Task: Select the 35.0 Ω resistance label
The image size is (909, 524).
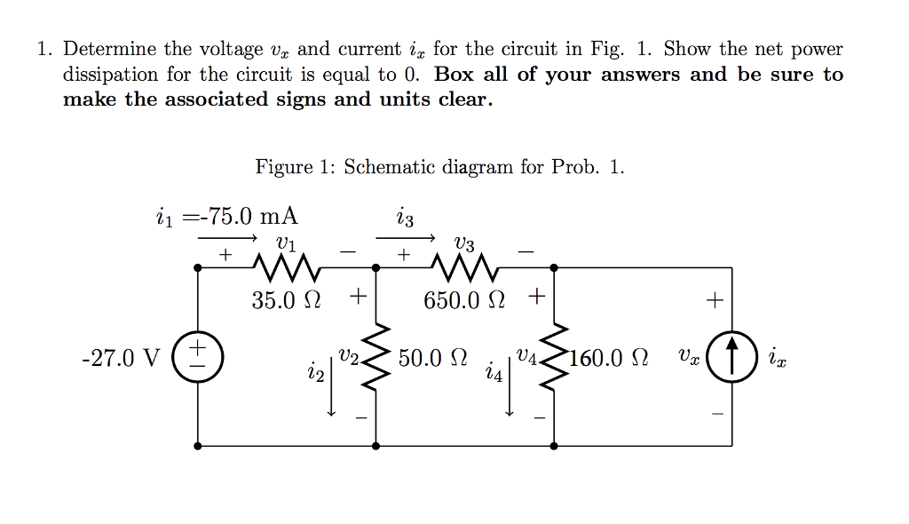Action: (286, 300)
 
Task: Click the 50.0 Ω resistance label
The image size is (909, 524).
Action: (432, 359)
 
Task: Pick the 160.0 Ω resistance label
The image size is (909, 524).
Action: (607, 359)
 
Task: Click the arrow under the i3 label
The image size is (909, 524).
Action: (406, 238)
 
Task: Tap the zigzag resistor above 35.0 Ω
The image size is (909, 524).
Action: (286, 265)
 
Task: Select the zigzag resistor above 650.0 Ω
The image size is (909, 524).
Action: (464, 265)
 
